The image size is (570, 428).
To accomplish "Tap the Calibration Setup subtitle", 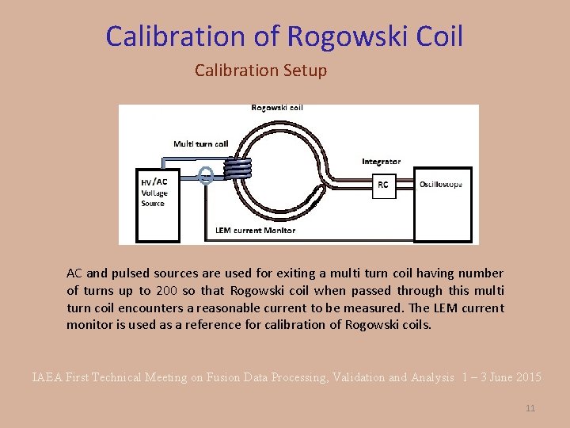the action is [x=260, y=71].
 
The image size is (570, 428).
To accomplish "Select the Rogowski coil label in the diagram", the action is [x=276, y=108].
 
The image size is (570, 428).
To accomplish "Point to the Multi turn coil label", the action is [x=201, y=143].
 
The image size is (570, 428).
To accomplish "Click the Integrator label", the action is [x=381, y=162].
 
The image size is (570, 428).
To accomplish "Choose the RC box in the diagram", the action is [x=382, y=185].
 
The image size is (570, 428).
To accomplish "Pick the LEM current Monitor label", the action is [x=255, y=231].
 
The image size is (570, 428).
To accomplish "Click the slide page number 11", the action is [x=530, y=408].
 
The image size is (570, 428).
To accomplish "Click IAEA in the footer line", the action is [x=46, y=378].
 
